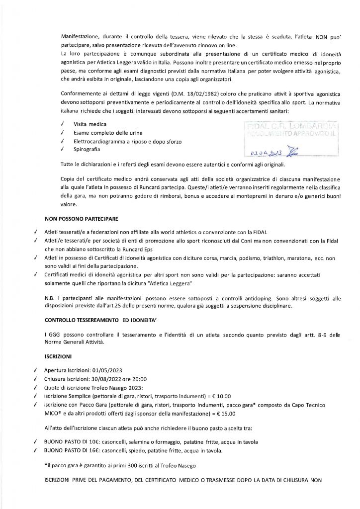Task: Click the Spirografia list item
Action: click(x=86, y=150)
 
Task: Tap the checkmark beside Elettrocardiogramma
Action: click(x=61, y=141)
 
